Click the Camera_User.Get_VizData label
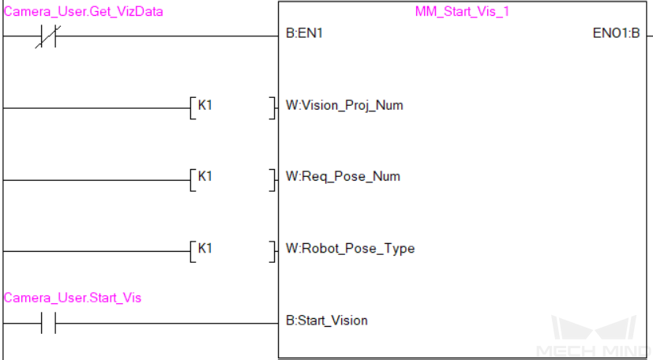(84, 12)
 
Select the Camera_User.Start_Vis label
(73, 298)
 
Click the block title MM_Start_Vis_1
(462, 12)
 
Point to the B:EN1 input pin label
(304, 35)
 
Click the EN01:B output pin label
(616, 35)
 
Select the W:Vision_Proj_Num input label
(344, 105)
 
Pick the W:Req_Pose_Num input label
(343, 176)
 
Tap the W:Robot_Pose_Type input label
(350, 248)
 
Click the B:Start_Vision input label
(327, 320)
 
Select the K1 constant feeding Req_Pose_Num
(205, 176)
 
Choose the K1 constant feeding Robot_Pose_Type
(205, 248)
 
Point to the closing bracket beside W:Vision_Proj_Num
(273, 107)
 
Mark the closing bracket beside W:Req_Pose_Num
(273, 179)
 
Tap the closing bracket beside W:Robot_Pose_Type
(273, 251)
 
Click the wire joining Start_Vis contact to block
(166, 322)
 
